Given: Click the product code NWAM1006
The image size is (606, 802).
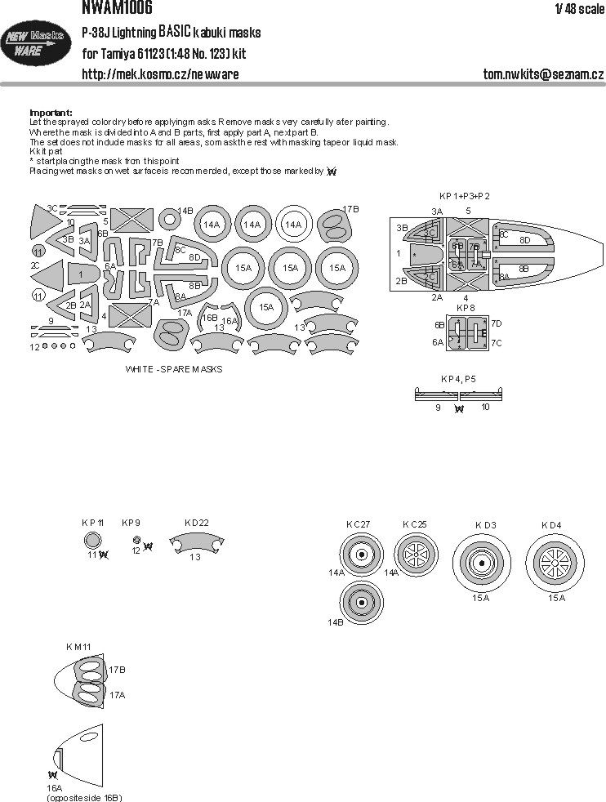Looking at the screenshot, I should (117, 7).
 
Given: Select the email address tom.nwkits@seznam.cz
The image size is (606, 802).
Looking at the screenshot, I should (542, 74).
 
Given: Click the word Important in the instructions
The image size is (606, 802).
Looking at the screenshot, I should (51, 112).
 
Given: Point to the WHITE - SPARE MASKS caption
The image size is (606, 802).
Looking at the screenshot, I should (174, 369).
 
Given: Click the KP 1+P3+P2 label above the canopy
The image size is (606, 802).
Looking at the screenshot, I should (465, 196).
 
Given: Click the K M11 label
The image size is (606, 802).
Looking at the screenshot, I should (79, 648).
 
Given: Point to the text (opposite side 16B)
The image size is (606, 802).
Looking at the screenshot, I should (85, 796).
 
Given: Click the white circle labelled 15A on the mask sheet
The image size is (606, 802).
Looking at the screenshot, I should (265, 308).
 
